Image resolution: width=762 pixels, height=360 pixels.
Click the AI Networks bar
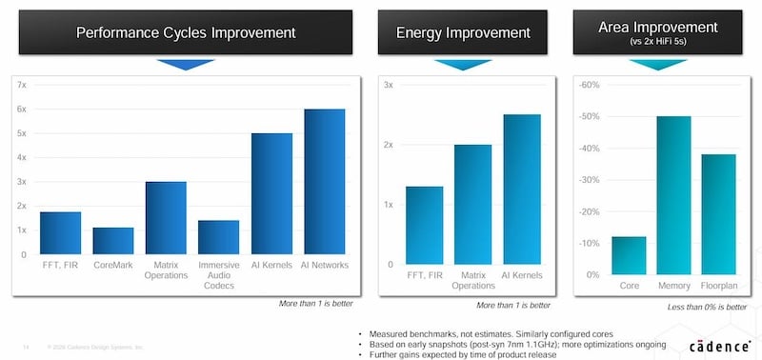[x=324, y=182]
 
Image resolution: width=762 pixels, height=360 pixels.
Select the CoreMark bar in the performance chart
[x=112, y=241]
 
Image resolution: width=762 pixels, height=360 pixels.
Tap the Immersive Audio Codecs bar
[x=218, y=237]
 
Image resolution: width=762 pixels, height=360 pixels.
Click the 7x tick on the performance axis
[x=22, y=85]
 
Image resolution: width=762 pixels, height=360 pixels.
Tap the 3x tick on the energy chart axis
[x=388, y=85]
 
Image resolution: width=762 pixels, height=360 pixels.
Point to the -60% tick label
[x=590, y=85]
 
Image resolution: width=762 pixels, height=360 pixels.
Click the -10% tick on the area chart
[x=590, y=243]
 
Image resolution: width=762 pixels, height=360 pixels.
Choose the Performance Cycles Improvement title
[x=186, y=33]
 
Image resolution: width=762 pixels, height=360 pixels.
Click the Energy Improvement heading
[x=463, y=33]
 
